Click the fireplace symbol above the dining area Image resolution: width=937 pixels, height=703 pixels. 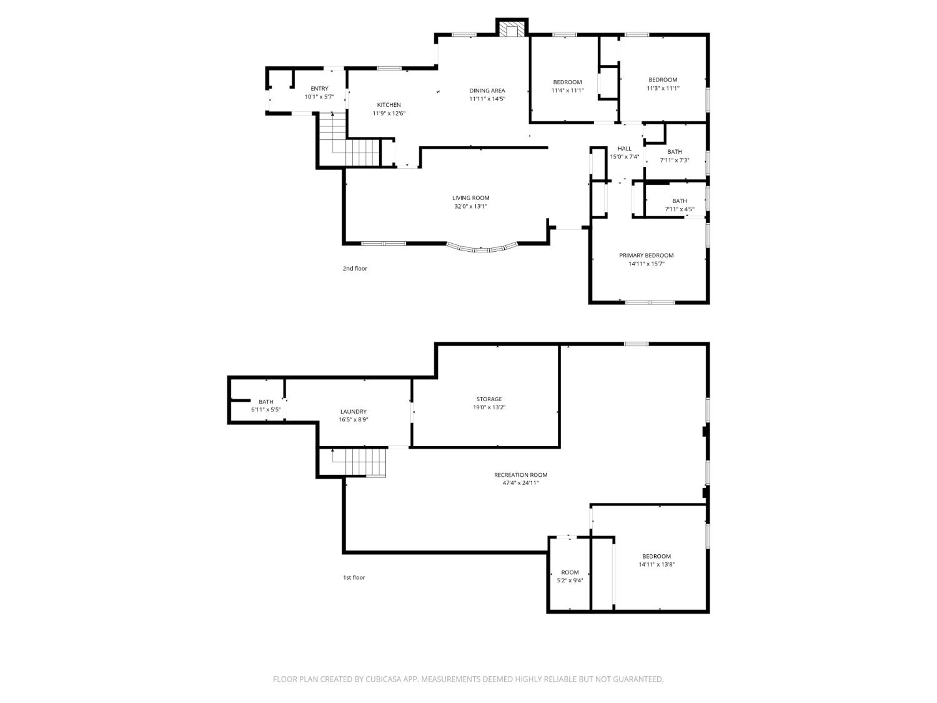[512, 28]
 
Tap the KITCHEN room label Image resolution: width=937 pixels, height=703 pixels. [389, 104]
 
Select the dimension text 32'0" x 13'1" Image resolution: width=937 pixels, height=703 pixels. [470, 206]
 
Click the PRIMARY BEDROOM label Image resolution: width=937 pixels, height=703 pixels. [646, 255]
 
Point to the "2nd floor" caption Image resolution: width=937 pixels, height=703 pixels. [355, 269]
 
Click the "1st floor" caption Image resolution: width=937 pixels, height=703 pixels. [354, 577]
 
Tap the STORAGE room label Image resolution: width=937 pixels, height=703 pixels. [488, 399]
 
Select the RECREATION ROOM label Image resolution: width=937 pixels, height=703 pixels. [520, 475]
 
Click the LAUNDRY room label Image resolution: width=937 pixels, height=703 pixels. [353, 411]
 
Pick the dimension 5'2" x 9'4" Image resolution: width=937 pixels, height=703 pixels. [570, 580]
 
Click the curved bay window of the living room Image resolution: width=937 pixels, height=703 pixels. [482, 247]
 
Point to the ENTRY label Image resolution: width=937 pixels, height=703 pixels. [319, 88]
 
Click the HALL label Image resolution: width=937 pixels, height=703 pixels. [624, 149]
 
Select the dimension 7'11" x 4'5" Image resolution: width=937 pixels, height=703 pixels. [679, 209]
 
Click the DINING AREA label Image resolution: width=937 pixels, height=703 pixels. [487, 91]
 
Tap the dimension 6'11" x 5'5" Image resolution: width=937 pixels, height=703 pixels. [265, 410]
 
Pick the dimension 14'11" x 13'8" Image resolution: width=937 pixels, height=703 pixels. [656, 564]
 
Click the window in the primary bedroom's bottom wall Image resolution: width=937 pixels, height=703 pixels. [650, 302]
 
